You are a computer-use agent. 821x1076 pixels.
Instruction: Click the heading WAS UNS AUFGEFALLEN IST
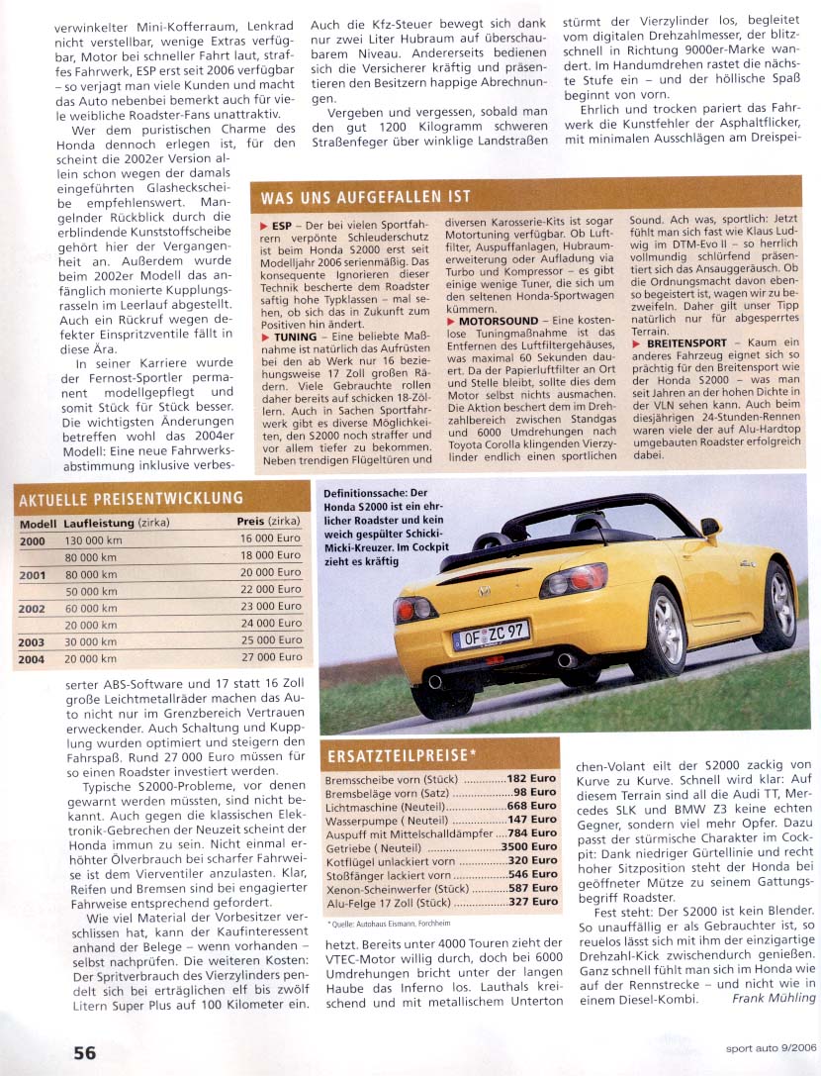point(365,197)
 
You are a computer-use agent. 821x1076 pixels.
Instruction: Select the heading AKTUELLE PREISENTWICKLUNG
point(131,498)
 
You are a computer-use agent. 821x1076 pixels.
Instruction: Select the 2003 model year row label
point(32,641)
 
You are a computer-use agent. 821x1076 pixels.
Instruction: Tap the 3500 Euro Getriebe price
point(529,847)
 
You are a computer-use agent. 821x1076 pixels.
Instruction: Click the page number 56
point(84,1052)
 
